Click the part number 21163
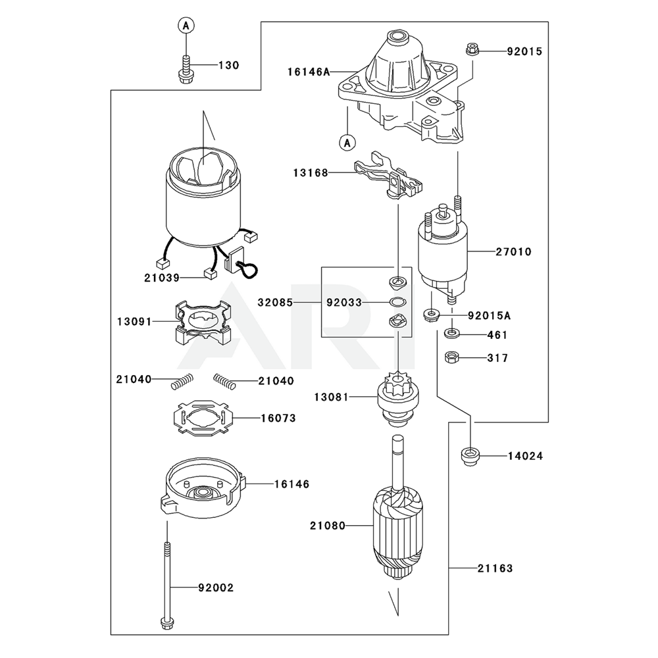click(x=495, y=569)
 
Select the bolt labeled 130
click(x=185, y=69)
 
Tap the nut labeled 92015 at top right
click(x=471, y=49)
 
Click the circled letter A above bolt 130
click(x=186, y=26)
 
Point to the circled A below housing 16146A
click(x=347, y=143)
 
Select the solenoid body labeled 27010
click(x=442, y=252)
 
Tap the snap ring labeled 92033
click(x=397, y=301)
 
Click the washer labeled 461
click(x=451, y=334)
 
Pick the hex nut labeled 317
click(x=451, y=357)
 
